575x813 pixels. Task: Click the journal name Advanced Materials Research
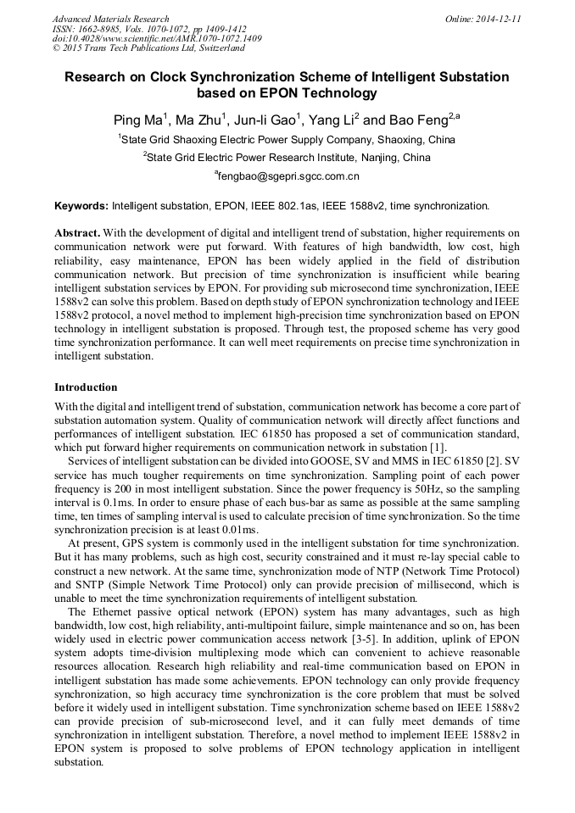point(110,19)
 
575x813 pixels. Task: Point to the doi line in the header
point(157,39)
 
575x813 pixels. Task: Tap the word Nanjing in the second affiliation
point(377,158)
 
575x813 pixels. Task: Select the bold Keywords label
point(81,206)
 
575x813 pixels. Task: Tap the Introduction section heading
point(86,387)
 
